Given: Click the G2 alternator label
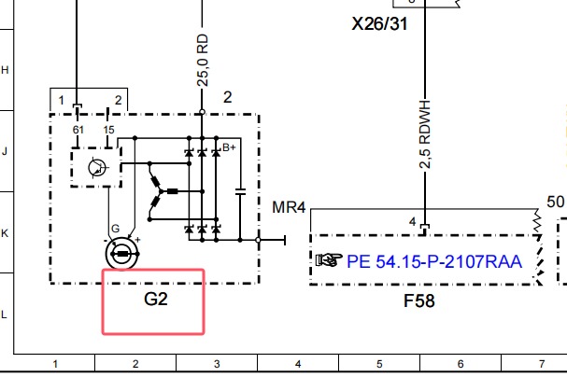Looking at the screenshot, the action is pyautogui.click(x=156, y=299).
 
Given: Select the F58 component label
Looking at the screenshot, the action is pyautogui.click(x=419, y=300).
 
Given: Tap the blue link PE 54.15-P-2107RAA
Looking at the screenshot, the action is pyautogui.click(x=434, y=261).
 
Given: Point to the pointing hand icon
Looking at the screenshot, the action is pyautogui.click(x=329, y=259).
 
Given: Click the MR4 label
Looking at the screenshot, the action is pyautogui.click(x=289, y=208).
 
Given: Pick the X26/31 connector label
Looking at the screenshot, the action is pyautogui.click(x=379, y=24).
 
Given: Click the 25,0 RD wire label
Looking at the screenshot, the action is pyautogui.click(x=203, y=61).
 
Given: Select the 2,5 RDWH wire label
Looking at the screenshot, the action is pyautogui.click(x=425, y=134).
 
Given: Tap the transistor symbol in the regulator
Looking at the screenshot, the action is pyautogui.click(x=98, y=168).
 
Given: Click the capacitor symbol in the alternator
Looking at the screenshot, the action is pyautogui.click(x=240, y=191).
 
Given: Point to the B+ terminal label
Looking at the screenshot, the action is pyautogui.click(x=229, y=147).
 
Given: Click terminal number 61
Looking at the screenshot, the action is pyautogui.click(x=78, y=130).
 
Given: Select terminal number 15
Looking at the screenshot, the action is pyautogui.click(x=108, y=130).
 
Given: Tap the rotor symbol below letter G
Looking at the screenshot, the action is pyautogui.click(x=122, y=254).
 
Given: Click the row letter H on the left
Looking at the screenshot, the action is pyautogui.click(x=5, y=70).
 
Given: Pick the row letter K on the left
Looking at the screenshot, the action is pyautogui.click(x=5, y=233).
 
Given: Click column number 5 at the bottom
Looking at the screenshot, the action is pyautogui.click(x=379, y=364).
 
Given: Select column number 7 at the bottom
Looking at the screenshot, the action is pyautogui.click(x=542, y=364).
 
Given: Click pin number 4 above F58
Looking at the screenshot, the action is pyautogui.click(x=413, y=222).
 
